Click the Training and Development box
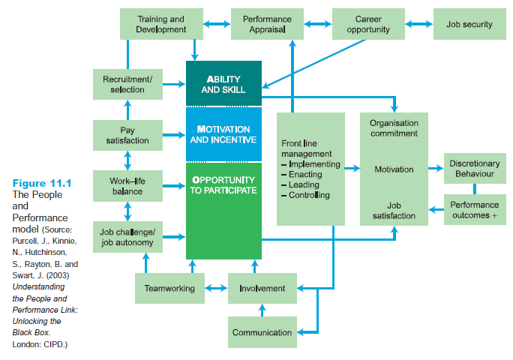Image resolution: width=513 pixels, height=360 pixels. point(161,24)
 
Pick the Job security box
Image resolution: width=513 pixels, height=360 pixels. point(469,24)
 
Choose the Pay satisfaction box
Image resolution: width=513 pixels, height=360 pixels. point(127,135)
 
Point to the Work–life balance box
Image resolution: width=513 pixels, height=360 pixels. point(127,185)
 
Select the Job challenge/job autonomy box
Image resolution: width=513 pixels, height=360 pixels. point(127,236)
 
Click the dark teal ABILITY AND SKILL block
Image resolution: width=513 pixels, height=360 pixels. point(223,83)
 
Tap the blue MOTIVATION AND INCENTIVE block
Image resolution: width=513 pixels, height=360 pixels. point(223,134)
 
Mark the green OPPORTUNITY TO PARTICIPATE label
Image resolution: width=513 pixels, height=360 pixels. point(223,185)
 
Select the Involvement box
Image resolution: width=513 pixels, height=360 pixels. point(262,288)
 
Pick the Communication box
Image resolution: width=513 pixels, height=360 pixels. point(262,332)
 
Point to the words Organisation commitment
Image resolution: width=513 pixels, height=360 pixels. point(394,128)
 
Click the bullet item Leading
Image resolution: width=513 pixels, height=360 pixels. point(304,184)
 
